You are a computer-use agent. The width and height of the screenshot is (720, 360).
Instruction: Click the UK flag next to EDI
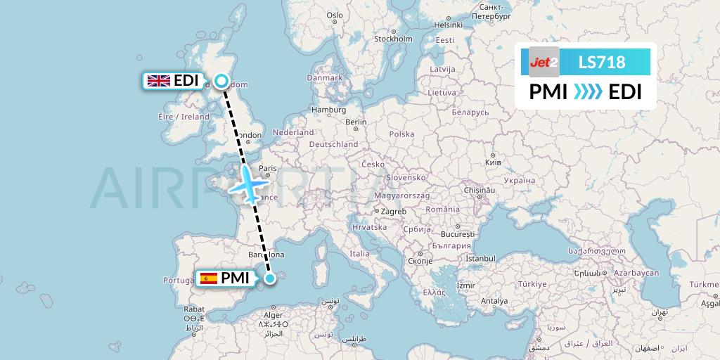(x=158, y=80)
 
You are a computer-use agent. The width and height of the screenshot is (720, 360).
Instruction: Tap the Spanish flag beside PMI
(x=209, y=278)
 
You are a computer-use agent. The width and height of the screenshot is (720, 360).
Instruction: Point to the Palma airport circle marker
(x=269, y=278)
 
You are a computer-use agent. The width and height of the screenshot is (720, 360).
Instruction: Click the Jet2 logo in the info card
(x=543, y=62)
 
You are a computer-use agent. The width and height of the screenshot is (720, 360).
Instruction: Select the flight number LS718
(x=601, y=62)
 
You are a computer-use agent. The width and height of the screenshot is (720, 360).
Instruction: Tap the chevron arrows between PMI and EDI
(x=587, y=92)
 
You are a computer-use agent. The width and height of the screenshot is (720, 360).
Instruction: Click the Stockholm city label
(x=393, y=39)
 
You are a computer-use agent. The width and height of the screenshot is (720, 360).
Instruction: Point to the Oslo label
(x=335, y=15)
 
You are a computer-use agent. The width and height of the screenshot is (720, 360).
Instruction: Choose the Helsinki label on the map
(x=448, y=24)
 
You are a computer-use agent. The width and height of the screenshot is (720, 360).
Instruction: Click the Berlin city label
(x=356, y=121)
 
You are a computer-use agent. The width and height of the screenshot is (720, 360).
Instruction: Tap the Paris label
(x=267, y=168)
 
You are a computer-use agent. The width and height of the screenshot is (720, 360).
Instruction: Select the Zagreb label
(x=394, y=211)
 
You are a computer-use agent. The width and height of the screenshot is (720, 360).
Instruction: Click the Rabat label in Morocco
(x=193, y=308)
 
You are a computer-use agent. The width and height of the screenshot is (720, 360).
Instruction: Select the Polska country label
(x=402, y=134)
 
